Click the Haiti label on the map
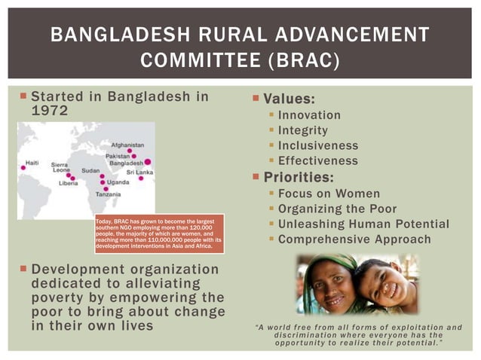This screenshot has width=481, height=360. click(32, 163)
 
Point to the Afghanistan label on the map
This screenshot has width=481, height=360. click(127, 144)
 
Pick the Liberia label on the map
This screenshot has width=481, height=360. click(68, 182)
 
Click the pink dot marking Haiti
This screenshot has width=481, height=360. click(23, 168)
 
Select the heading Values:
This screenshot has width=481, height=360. click(289, 99)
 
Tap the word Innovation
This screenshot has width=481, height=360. click(309, 115)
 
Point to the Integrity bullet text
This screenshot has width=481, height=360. click(303, 130)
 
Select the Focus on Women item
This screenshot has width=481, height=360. click(326, 194)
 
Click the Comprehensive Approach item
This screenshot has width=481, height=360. click(354, 239)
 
